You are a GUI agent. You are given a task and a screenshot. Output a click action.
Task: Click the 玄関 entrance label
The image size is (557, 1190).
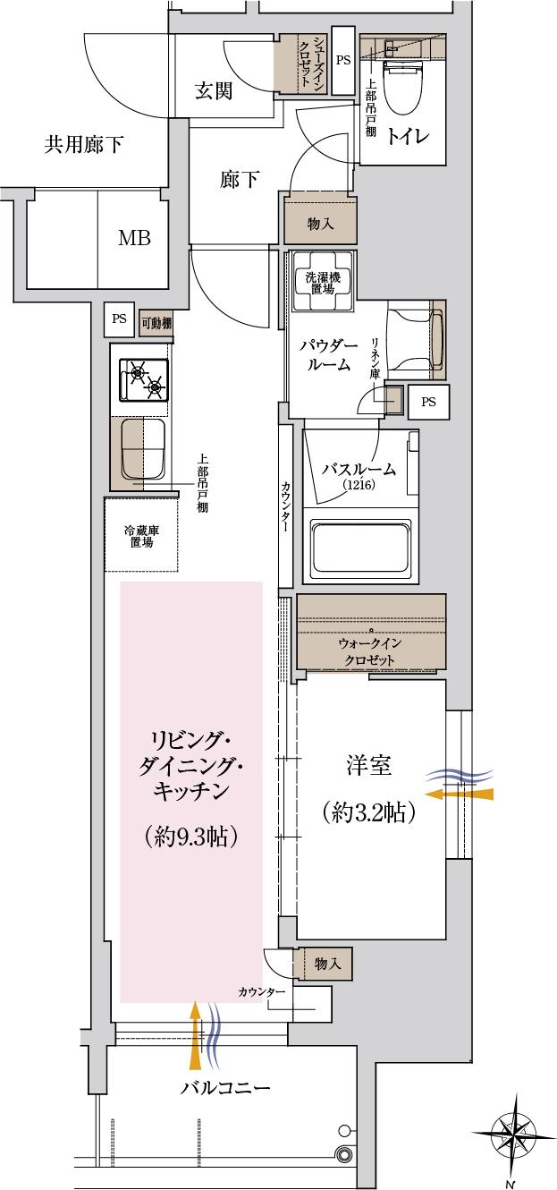pos(214,91)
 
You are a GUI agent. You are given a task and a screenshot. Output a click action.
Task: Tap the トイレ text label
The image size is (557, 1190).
pos(409,136)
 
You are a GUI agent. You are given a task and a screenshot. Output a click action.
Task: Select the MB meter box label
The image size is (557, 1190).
pos(134,238)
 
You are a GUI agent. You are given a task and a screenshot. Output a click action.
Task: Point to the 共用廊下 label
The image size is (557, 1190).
pos(83,144)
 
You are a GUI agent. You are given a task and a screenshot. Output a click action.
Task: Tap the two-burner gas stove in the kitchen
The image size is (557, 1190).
pos(143,378)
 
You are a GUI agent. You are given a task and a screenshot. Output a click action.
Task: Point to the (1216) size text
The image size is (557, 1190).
pos(356,485)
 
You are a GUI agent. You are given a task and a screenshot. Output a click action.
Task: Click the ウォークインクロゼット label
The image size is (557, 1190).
pos(370,652)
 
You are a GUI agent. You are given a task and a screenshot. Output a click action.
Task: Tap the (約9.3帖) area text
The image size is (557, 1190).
pos(190,837)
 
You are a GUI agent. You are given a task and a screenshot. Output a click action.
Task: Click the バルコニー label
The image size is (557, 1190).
pos(225,1089)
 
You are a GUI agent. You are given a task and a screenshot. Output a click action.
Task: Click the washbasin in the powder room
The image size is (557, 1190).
pos(411,341)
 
